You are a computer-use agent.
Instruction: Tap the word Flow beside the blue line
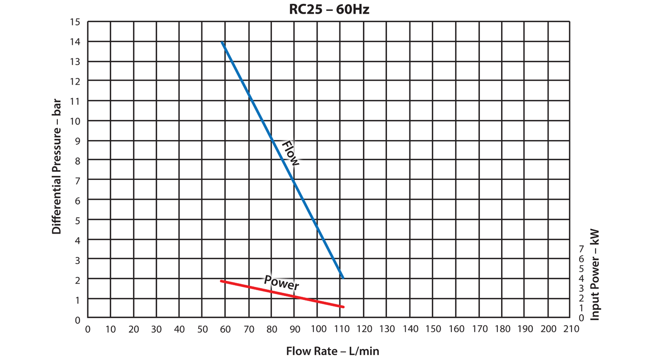click(x=290, y=153)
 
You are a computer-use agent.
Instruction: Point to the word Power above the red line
click(x=282, y=283)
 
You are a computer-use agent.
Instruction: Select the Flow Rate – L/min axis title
click(x=332, y=351)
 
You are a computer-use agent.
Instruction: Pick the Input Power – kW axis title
click(x=596, y=274)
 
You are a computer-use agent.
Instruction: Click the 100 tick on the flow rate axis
click(x=318, y=329)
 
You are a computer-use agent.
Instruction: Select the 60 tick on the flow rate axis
click(x=225, y=329)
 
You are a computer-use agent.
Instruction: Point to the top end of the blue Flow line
click(x=222, y=42)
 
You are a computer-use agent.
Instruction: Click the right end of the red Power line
click(x=343, y=307)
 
